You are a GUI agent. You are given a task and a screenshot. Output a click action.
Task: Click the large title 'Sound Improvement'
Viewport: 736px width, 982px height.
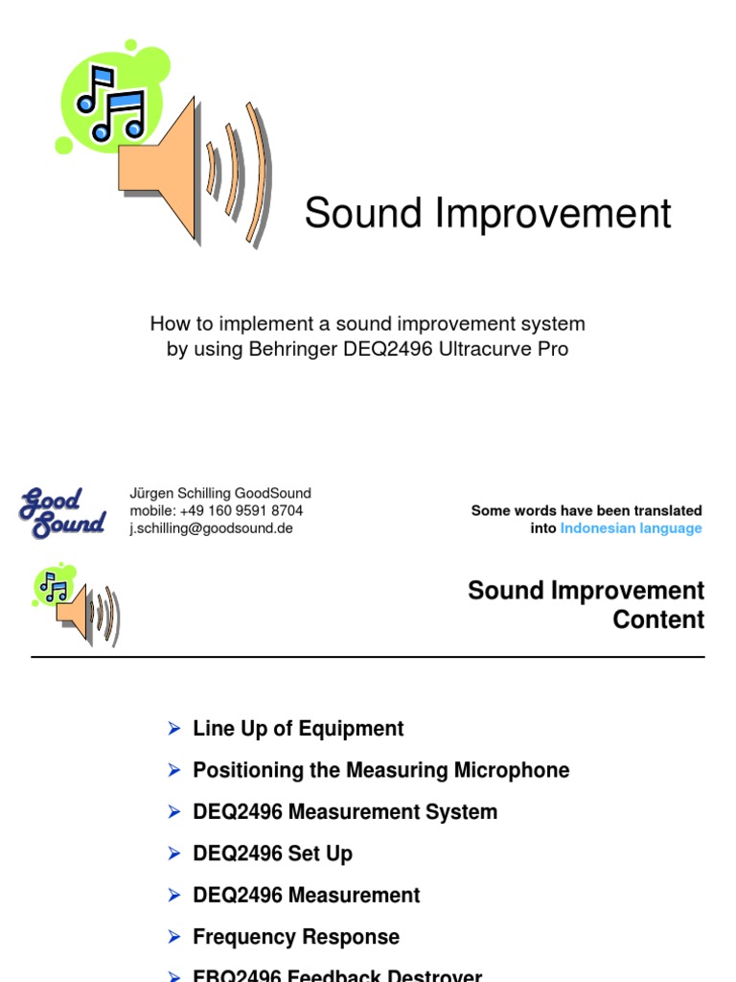coord(488,213)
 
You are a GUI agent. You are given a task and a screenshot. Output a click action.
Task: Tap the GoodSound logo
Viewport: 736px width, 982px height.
coord(62,512)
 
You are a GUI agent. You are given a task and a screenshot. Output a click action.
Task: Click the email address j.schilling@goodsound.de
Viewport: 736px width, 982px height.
coord(211,528)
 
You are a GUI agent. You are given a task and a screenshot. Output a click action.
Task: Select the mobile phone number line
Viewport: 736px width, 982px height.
coord(216,511)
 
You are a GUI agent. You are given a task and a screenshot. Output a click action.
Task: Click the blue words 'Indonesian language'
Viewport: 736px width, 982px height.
coord(631,528)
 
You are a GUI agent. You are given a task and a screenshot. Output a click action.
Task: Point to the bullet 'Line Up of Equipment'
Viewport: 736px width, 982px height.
coord(298,729)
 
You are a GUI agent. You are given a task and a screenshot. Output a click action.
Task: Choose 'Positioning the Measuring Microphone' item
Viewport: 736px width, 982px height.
coord(380,770)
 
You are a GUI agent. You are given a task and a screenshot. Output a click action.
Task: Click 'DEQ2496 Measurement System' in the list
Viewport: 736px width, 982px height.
coord(345,812)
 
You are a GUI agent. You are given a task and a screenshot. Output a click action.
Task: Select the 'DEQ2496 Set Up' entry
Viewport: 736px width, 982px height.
coord(272,853)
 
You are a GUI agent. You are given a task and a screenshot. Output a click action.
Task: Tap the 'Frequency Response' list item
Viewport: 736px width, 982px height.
coord(296,937)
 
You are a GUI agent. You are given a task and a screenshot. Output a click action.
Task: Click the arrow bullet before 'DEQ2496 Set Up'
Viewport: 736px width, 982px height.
coord(174,853)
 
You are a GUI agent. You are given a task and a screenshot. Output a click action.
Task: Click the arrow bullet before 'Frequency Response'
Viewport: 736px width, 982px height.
coord(174,937)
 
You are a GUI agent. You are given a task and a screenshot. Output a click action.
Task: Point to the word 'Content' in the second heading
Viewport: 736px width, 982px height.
coord(658,620)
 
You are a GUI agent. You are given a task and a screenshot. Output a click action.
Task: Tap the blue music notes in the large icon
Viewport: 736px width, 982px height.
coord(110,101)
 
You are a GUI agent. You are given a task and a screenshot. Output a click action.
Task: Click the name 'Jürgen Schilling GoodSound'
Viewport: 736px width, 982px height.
coord(220,493)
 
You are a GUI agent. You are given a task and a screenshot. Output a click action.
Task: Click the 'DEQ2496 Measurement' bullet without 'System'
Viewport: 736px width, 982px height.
coord(306,896)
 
